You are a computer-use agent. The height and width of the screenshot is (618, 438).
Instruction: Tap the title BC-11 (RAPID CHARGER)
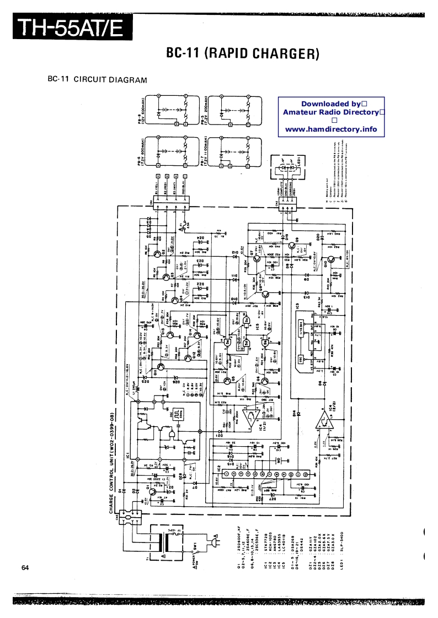point(243,53)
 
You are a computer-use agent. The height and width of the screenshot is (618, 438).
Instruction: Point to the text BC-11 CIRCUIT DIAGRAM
point(97,79)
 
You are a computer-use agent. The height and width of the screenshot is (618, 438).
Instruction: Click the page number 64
point(26,568)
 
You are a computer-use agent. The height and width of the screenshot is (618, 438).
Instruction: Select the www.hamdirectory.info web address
point(331,129)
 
